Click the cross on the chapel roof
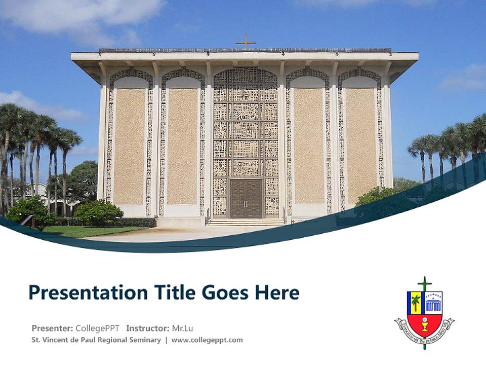[x=246, y=41]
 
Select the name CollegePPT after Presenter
[x=98, y=328]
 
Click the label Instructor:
[x=147, y=328]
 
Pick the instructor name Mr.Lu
[x=183, y=328]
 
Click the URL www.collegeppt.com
[x=207, y=340]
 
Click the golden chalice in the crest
[x=424, y=323]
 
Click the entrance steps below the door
[x=246, y=222]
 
